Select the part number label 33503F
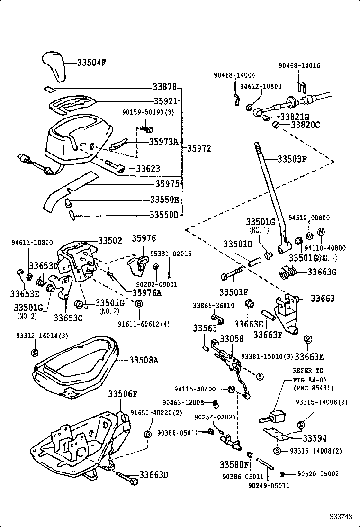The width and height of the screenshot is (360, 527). (x=292, y=159)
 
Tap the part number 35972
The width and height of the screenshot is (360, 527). (x=198, y=148)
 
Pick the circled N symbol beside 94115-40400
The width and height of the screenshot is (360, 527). (x=231, y=389)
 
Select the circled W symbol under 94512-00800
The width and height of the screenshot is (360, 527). (x=309, y=236)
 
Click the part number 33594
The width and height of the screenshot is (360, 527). (x=315, y=439)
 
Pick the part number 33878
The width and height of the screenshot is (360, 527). (x=164, y=87)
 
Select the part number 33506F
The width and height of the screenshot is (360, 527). (x=122, y=394)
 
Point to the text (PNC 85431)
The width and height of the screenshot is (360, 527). (x=313, y=388)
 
